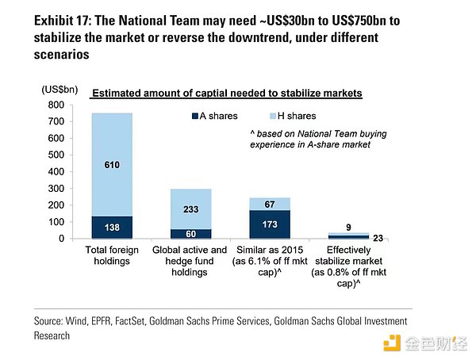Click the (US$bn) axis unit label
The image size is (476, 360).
[61, 91]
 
